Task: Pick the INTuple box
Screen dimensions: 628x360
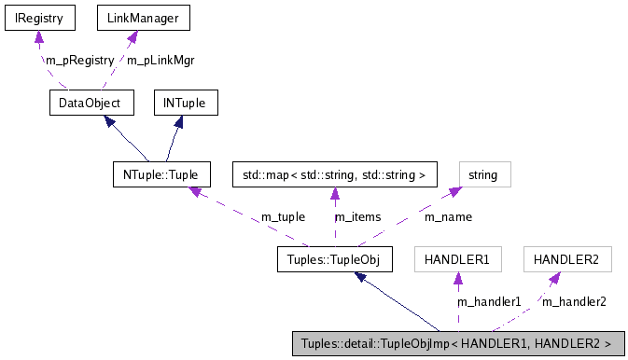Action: tap(186, 101)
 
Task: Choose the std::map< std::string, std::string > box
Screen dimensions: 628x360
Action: tap(334, 173)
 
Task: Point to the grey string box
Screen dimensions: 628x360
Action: tap(483, 173)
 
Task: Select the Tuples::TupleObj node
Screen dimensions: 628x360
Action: tap(333, 259)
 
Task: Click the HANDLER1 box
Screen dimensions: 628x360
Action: tap(457, 259)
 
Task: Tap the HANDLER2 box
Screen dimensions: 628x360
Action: tap(567, 259)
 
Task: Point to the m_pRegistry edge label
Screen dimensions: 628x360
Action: tap(71, 60)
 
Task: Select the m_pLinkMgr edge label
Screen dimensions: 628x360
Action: tap(160, 60)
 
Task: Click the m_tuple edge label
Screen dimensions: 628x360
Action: tap(283, 216)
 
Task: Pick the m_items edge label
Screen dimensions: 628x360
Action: tap(358, 216)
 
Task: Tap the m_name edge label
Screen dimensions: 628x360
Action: tap(447, 216)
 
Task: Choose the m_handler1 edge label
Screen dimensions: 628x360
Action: tap(487, 301)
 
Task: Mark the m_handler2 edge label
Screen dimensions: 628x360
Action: tap(574, 301)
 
